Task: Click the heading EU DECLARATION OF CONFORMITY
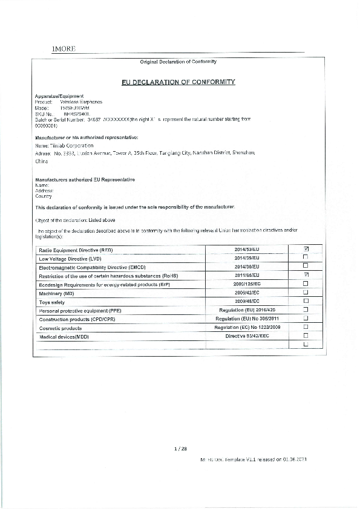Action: point(178,82)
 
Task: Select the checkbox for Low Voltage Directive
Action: point(306,258)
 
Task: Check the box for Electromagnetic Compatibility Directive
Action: point(306,266)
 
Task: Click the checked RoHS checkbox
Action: point(306,275)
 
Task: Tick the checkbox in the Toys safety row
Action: point(306,300)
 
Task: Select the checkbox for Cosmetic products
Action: point(306,326)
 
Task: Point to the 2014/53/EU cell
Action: point(246,249)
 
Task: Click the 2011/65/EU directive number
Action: point(246,275)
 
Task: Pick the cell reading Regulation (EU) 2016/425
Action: point(246,310)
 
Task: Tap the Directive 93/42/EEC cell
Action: point(246,336)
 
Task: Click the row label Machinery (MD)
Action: point(60,293)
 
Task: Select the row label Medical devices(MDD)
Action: point(64,336)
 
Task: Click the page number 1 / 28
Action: point(180,448)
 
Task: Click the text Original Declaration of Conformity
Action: point(178,62)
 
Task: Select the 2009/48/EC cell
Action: point(246,300)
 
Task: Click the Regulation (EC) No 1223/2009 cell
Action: point(246,326)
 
